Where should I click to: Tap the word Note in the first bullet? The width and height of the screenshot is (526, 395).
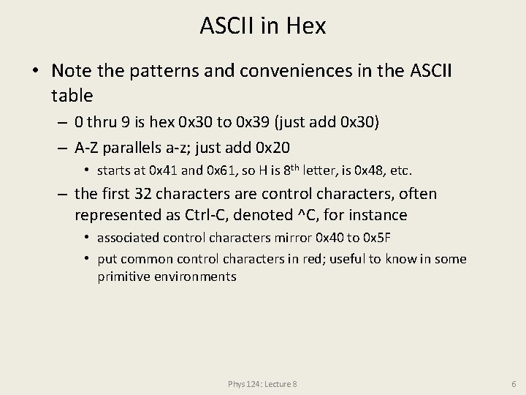tap(71, 72)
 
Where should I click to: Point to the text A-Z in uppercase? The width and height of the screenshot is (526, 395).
tap(90, 146)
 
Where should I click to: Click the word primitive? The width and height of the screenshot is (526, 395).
tap(123, 276)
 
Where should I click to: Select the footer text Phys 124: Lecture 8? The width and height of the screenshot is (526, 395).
tap(262, 383)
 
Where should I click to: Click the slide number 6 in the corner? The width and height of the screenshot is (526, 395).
tap(514, 383)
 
